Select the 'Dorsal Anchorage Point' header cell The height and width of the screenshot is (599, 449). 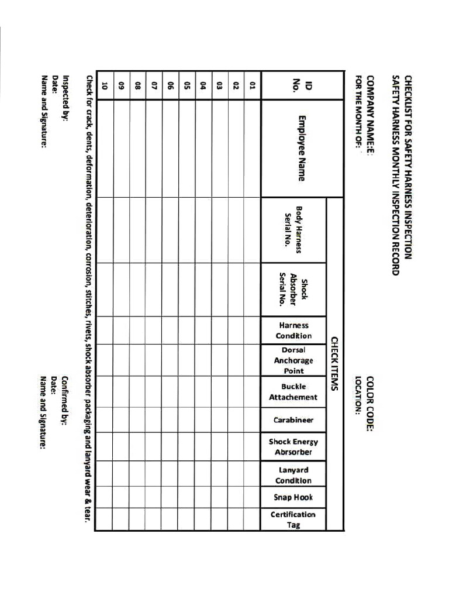[293, 360]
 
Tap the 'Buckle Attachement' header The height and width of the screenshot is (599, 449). [293, 392]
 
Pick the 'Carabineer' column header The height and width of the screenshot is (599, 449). [293, 420]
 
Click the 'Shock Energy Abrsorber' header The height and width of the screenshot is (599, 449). [293, 447]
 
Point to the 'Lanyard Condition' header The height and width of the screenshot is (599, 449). [293, 475]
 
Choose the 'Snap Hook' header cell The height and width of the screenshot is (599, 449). [293, 497]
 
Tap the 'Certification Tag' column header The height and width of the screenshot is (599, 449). [293, 519]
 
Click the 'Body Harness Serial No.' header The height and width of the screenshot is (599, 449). [293, 230]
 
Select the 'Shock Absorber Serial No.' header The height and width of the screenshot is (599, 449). [293, 290]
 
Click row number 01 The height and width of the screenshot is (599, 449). [253, 85]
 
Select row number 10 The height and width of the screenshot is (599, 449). [105, 85]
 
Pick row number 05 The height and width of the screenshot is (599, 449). [187, 85]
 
